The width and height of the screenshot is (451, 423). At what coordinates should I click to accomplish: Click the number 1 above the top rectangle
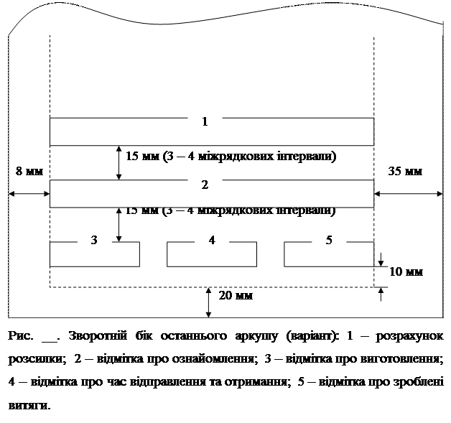pos(205,121)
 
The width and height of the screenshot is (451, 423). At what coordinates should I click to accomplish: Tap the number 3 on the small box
pos(94,240)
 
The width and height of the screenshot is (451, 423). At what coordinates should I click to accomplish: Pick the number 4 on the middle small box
pos(212,240)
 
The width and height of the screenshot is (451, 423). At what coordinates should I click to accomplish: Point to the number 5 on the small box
pos(329,240)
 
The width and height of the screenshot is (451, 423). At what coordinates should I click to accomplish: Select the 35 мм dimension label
pos(405,172)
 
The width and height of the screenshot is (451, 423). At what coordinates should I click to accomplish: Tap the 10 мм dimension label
pos(406,272)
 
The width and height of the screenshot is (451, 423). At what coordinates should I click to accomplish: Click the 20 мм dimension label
pos(235,295)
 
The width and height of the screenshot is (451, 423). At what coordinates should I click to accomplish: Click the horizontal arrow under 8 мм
pos(29,193)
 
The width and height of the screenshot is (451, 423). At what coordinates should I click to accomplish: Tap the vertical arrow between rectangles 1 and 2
pos(119,163)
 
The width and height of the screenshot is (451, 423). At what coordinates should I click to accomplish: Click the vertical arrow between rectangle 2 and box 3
pos(119,225)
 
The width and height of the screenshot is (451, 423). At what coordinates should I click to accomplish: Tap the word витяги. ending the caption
pos(31,404)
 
